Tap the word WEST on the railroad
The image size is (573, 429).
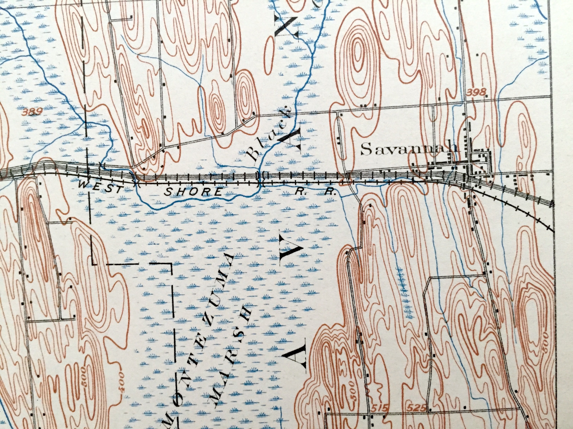(100, 187)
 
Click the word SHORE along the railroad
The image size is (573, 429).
(194, 192)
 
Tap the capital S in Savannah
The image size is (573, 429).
(366, 150)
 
